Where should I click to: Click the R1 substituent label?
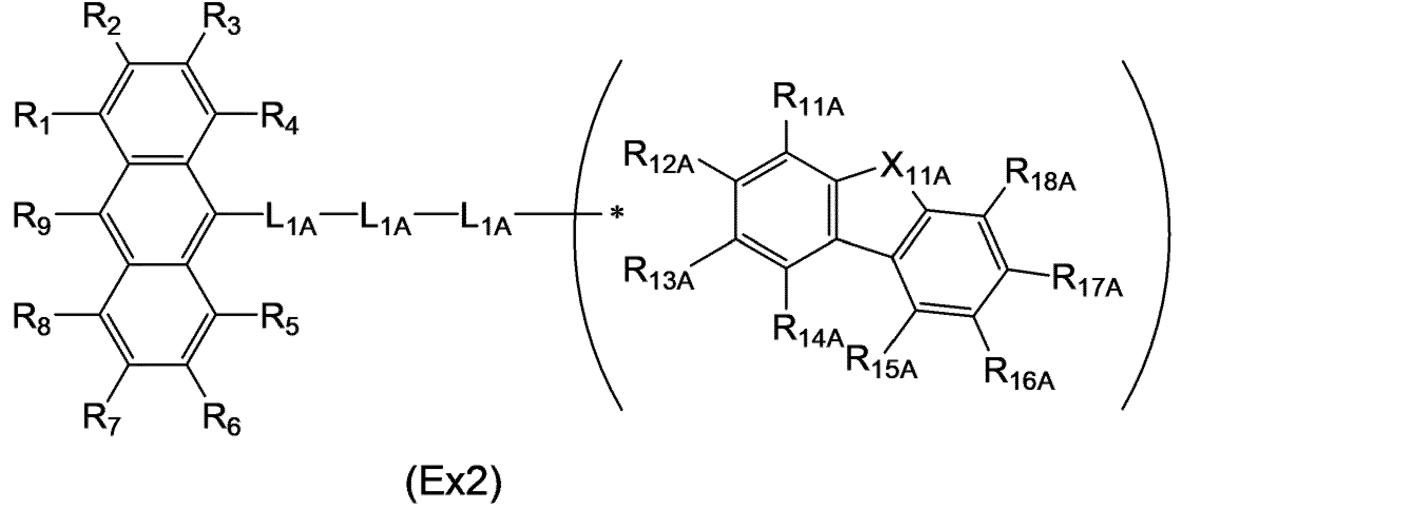32,116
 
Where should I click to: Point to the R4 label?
280,116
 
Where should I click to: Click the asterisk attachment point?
617,214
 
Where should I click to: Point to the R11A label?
809,100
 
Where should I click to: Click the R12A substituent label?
659,158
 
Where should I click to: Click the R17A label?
1088,282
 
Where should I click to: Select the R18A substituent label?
1040,177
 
